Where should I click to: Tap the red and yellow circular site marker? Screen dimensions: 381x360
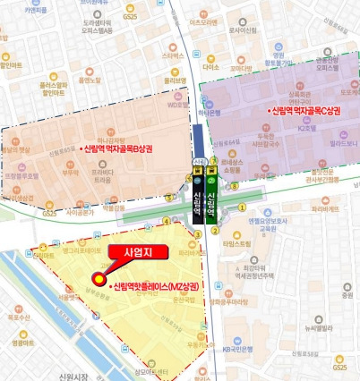tap(97, 282)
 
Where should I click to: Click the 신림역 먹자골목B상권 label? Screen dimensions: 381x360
tap(120, 149)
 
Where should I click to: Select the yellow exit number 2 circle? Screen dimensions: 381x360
tap(215, 229)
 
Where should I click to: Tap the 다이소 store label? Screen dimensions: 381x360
tap(211, 67)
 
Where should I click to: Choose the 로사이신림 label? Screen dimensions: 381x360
tap(242, 30)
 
